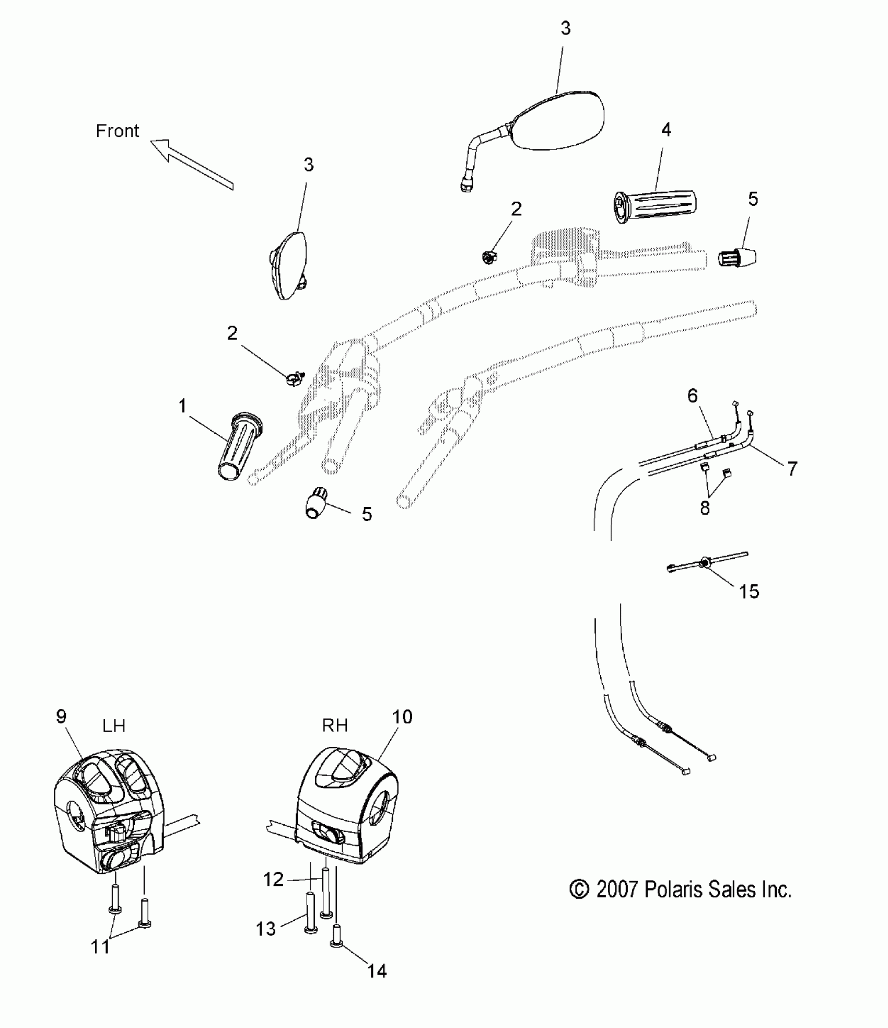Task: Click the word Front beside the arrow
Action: tap(118, 131)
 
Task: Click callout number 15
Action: tap(749, 592)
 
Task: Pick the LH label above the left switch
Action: tap(114, 726)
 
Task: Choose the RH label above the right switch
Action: tap(335, 725)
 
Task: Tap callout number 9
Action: tap(61, 717)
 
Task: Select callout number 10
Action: tap(402, 717)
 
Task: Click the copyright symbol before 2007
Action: tap(579, 889)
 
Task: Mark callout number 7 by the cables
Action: tap(792, 469)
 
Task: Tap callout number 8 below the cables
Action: tap(705, 507)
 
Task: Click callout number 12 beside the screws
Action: tap(273, 880)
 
